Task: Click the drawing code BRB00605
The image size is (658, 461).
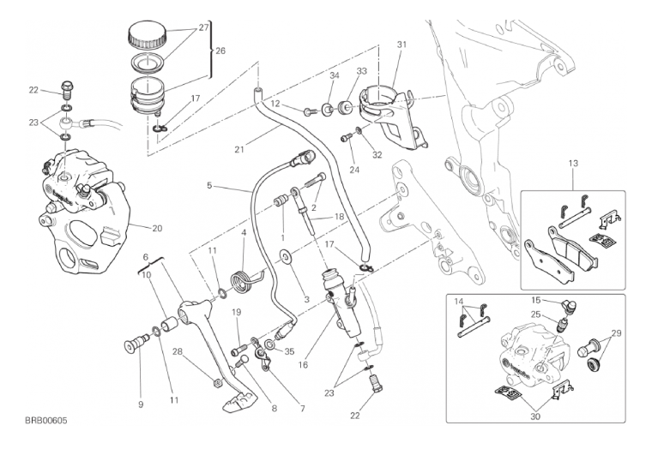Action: click(46, 421)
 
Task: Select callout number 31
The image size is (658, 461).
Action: click(401, 45)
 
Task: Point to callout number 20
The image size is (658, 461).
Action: click(156, 228)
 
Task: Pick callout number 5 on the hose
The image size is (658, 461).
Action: click(208, 185)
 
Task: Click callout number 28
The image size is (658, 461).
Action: click(177, 351)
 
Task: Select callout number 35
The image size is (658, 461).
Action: click(288, 350)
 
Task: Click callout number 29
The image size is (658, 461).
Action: click(615, 332)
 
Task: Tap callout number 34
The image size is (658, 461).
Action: click(335, 76)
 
